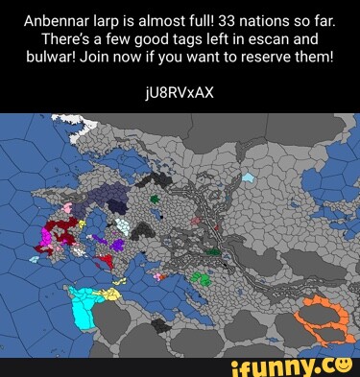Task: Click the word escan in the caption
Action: (x=279, y=37)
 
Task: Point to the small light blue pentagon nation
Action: (x=249, y=177)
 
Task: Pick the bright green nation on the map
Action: (x=200, y=277)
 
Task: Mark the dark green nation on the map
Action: (x=154, y=199)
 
